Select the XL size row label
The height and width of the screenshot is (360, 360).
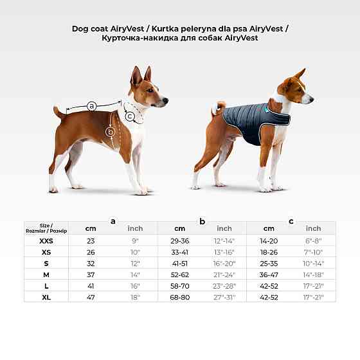(x=46, y=297)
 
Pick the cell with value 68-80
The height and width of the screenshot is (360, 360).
(x=179, y=297)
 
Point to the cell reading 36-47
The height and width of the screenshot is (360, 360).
(x=269, y=274)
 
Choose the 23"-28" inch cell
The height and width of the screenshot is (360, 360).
(x=224, y=285)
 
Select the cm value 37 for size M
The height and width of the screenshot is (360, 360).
(x=91, y=274)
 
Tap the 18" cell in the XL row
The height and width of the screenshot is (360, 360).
(x=135, y=297)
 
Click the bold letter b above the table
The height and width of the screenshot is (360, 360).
(x=202, y=221)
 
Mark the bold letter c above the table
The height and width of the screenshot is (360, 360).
(x=291, y=221)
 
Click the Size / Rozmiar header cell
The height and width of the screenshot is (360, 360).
(x=46, y=228)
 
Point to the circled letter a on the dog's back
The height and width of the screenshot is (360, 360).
(x=91, y=105)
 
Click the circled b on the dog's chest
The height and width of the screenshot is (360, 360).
(x=111, y=132)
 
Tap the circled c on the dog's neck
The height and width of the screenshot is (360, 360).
(x=130, y=116)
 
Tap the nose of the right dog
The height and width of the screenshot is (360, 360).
(x=312, y=99)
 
